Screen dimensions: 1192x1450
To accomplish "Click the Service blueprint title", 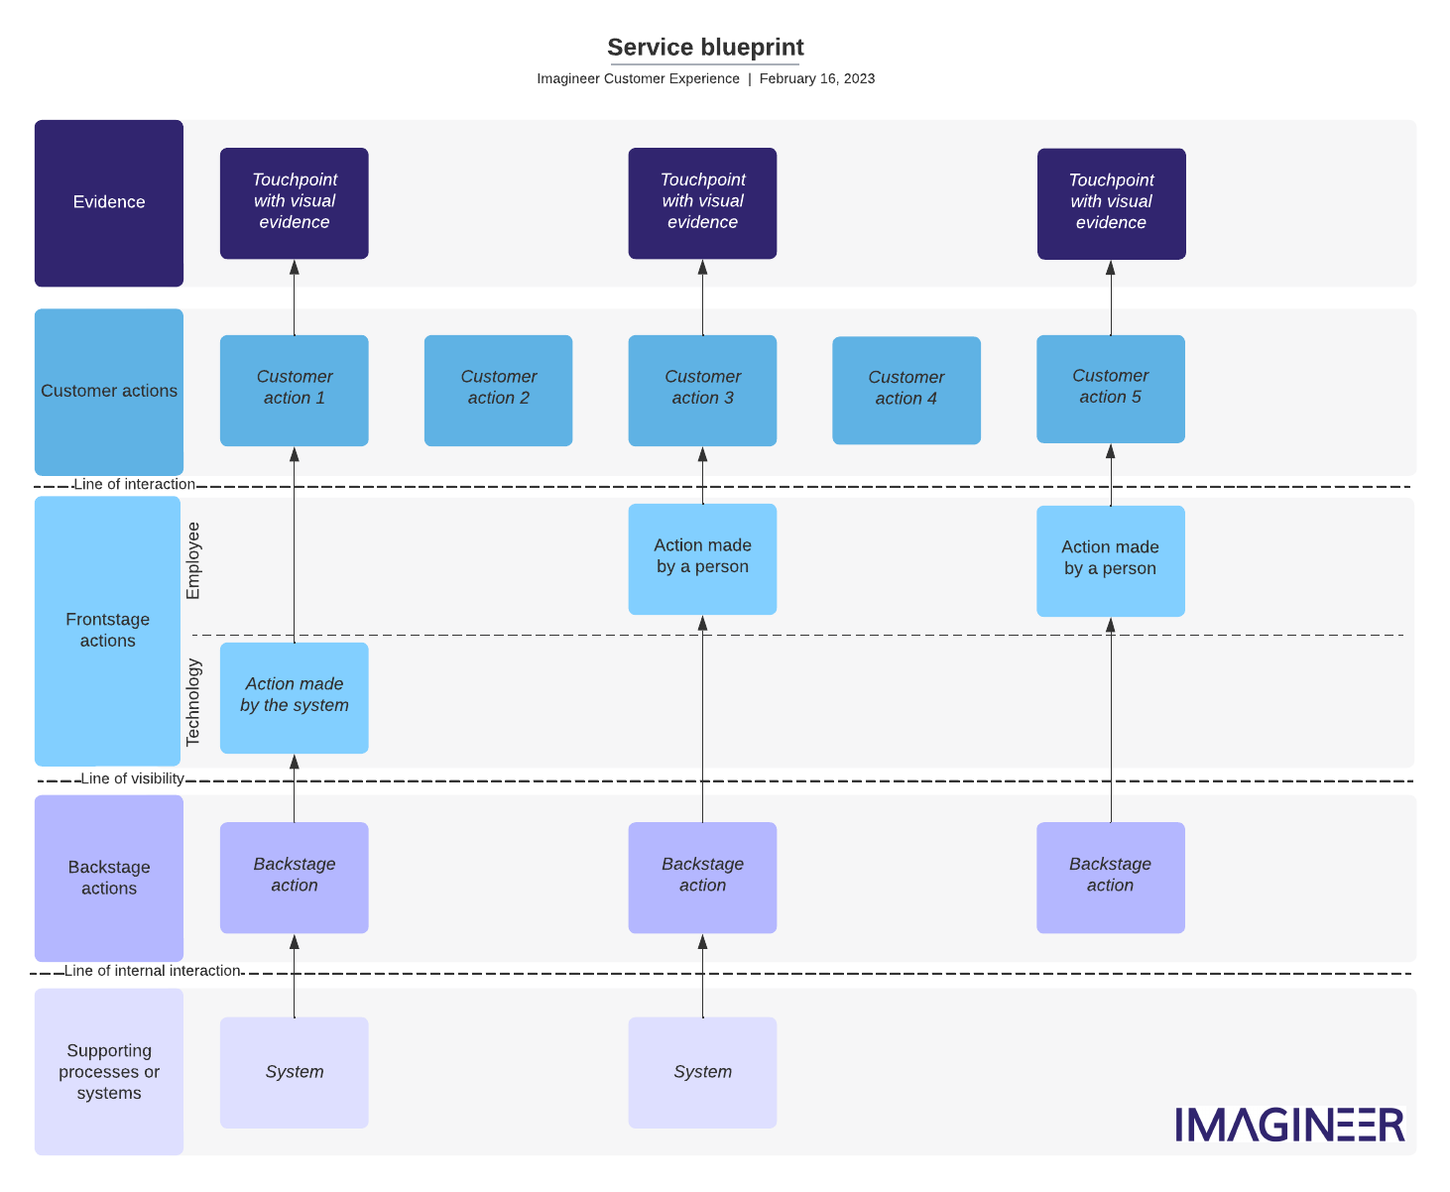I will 705,48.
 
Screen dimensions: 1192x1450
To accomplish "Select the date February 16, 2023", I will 816,79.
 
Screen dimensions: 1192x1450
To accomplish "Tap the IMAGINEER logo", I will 1289,1125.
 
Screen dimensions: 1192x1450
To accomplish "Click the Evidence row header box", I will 109,203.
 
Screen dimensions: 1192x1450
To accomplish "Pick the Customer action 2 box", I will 498,390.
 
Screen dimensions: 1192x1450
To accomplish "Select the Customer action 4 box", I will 906,390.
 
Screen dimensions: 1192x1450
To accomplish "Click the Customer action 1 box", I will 294,390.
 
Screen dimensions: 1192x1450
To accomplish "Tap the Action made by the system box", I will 294,697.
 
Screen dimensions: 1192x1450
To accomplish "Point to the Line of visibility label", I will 132,779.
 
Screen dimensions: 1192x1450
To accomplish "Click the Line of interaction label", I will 134,485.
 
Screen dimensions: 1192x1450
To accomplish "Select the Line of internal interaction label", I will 152,971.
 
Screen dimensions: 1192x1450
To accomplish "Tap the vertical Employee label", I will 193,561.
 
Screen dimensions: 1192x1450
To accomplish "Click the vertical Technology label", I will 193,702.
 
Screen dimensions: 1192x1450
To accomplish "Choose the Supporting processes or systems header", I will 109,1071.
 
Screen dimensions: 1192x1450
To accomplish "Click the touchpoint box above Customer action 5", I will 1111,203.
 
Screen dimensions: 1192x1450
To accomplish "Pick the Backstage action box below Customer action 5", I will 1110,877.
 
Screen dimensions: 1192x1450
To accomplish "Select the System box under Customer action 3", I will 702,1072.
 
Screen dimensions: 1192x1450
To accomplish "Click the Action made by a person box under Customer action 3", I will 702,558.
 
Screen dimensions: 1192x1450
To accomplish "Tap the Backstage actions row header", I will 109,878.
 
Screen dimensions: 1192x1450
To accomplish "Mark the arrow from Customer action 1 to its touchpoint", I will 294,298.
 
